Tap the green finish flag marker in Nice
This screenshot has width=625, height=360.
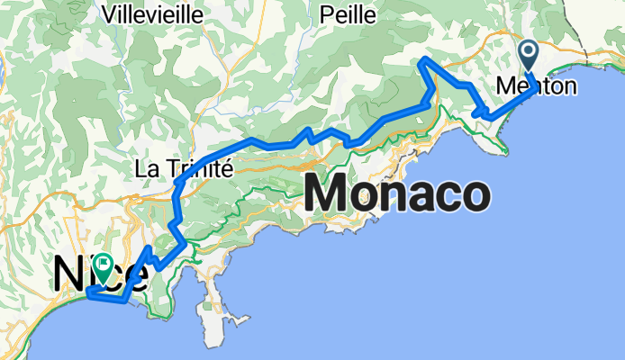[105, 265]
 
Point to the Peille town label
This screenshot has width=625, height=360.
[346, 13]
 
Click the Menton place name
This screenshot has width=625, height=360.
[531, 86]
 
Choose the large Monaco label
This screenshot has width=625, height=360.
[399, 193]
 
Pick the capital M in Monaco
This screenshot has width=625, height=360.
[331, 193]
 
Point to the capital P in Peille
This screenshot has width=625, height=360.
[326, 13]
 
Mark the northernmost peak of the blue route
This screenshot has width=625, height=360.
[422, 59]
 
